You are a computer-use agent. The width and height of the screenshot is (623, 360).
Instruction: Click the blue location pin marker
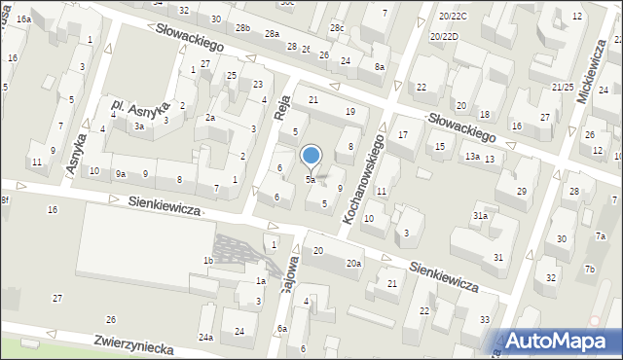(311, 156)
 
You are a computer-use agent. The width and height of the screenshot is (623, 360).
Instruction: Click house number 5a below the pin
(310, 179)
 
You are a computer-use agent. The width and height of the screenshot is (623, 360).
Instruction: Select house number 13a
(472, 157)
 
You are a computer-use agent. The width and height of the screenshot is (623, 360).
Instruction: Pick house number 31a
(480, 215)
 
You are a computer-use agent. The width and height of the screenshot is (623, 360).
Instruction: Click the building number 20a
(354, 263)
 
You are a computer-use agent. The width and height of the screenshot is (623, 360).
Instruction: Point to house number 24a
(206, 337)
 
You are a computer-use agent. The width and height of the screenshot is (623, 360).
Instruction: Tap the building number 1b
(207, 261)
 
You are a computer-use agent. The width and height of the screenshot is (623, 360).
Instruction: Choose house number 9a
(121, 174)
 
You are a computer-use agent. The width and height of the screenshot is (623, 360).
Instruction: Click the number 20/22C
(453, 17)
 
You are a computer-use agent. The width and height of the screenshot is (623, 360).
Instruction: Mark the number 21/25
(562, 88)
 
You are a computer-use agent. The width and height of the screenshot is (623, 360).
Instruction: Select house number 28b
(242, 28)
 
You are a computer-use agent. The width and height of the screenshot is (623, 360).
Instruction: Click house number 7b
(589, 269)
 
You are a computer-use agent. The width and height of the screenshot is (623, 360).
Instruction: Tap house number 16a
(23, 18)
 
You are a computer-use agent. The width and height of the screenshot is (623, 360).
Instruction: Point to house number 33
(485, 319)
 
